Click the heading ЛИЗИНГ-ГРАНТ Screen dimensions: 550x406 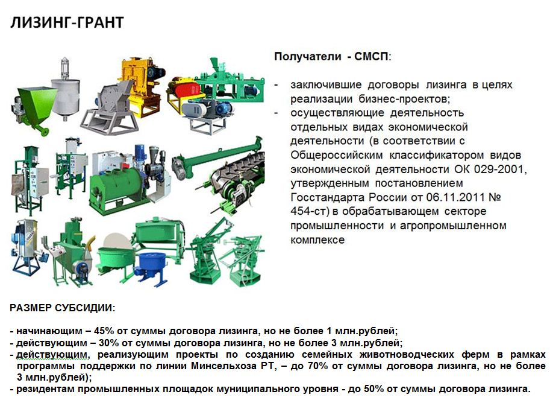(67, 23)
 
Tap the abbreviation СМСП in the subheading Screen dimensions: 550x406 (372, 57)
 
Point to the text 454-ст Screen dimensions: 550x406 (309, 211)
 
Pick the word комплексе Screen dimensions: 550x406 (317, 240)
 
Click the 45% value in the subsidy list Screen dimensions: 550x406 (104, 331)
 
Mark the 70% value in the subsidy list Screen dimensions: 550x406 (318, 366)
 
